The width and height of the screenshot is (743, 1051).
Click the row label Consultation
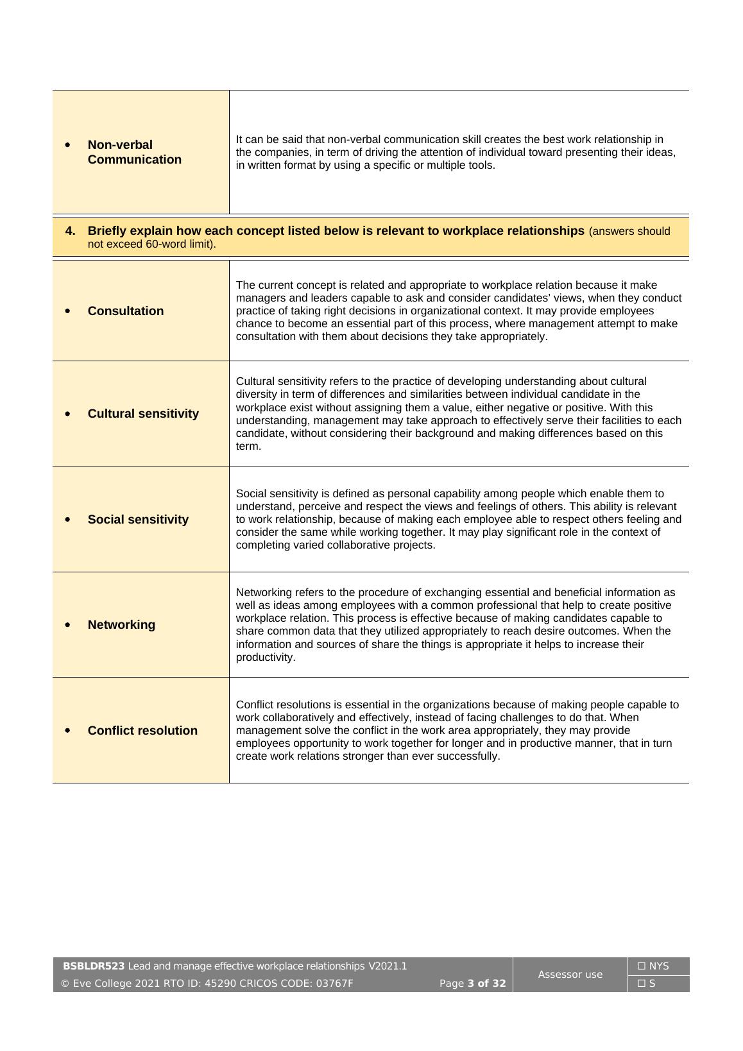coord(125,311)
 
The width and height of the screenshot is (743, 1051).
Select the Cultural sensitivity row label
coord(143,414)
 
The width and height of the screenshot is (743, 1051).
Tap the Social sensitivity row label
coord(138,520)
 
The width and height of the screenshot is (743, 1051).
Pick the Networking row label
coord(121,625)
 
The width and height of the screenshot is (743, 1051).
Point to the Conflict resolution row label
coord(142,731)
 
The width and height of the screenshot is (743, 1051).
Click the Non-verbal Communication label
coord(134,152)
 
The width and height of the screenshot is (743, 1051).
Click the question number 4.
coord(71,231)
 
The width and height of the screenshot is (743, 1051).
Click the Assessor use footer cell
coord(570,975)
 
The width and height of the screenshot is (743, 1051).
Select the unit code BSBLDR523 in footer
coord(94,966)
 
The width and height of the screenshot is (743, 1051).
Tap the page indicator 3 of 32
coord(486,984)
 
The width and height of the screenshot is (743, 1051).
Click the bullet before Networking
coord(68,625)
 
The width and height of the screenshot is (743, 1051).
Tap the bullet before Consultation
coord(68,311)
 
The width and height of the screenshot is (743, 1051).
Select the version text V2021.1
coord(388,966)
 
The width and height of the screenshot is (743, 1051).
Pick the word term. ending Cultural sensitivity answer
coord(248,447)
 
